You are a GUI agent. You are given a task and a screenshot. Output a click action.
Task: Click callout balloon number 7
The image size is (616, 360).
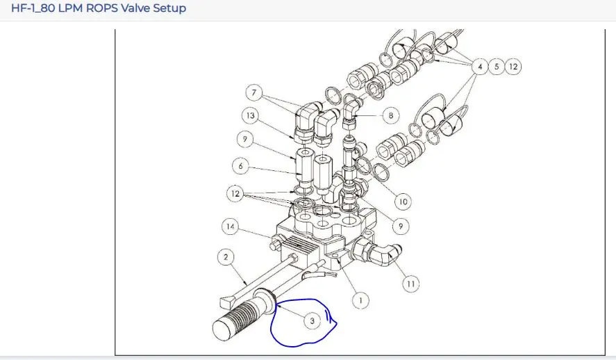(x=253, y=92)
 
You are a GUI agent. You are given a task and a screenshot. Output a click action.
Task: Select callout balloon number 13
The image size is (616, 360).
(x=250, y=115)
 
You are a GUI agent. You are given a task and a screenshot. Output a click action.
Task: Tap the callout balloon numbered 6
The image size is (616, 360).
(x=241, y=166)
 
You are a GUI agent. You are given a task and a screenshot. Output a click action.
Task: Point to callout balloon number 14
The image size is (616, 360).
(x=230, y=227)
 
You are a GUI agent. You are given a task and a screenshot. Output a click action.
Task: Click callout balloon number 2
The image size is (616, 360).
(x=226, y=257)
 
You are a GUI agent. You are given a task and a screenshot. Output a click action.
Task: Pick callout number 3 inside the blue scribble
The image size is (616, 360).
(x=313, y=321)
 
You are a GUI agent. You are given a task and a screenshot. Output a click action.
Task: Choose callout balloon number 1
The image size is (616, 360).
(x=360, y=301)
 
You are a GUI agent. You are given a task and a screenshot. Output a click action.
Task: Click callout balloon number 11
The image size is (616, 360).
(x=411, y=284)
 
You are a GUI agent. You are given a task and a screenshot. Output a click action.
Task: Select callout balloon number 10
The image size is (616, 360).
(x=403, y=202)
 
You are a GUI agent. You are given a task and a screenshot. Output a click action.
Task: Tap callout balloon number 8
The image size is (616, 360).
(x=390, y=115)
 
